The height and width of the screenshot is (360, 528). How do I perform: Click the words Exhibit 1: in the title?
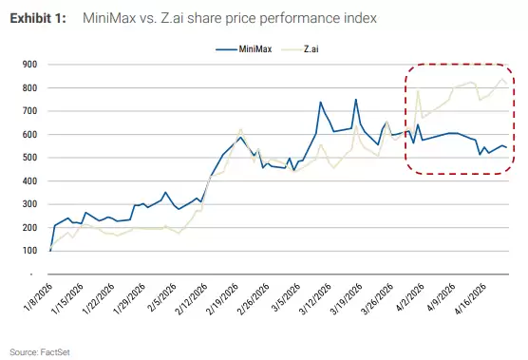click(38, 18)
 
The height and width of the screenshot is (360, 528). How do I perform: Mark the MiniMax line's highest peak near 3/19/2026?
click(355, 99)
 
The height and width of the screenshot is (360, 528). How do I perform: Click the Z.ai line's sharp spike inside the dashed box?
click(418, 91)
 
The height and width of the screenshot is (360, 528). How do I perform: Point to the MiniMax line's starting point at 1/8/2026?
click(49, 249)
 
